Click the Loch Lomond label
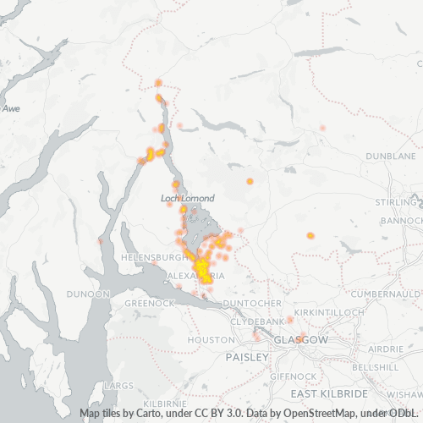(x=187, y=198)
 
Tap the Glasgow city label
(x=300, y=339)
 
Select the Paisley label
(x=246, y=357)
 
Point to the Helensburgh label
(x=152, y=256)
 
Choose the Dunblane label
(x=391, y=157)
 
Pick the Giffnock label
(x=292, y=375)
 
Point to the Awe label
(x=11, y=108)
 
